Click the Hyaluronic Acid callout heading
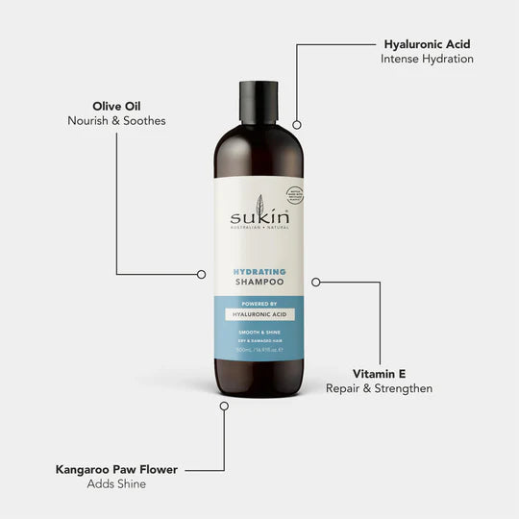pyautogui.click(x=428, y=43)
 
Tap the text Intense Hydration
pyautogui.click(x=428, y=59)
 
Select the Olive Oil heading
pyautogui.click(x=116, y=105)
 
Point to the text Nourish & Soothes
pyautogui.click(x=116, y=120)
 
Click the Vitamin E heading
pyautogui.click(x=379, y=373)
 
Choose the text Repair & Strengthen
pyautogui.click(x=379, y=388)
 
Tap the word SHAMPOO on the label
pyautogui.click(x=259, y=284)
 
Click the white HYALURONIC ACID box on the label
pyautogui.click(x=259, y=315)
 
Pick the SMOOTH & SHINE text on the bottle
pyautogui.click(x=259, y=331)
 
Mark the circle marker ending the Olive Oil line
pyautogui.click(x=201, y=274)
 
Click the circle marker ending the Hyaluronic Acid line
pyautogui.click(x=297, y=124)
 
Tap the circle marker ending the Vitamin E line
pyautogui.click(x=316, y=282)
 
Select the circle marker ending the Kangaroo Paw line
pyautogui.click(x=224, y=407)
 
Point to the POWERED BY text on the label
pyautogui.click(x=259, y=305)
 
